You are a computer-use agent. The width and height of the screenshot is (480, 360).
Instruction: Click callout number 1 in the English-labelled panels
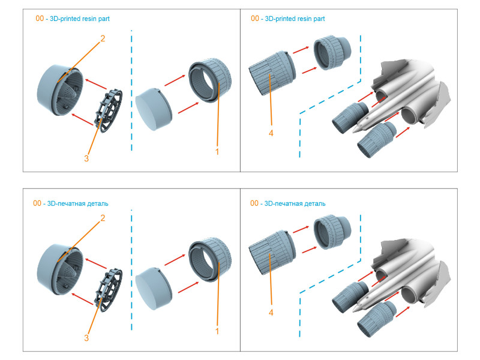click(x=217, y=152)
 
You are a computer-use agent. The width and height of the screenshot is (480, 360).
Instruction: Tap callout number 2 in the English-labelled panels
click(x=103, y=38)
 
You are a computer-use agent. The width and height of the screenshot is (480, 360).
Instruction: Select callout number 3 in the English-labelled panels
click(x=86, y=158)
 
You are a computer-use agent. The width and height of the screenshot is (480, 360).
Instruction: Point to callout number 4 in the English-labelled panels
click(x=271, y=133)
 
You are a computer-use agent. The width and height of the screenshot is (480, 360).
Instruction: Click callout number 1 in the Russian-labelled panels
click(x=217, y=331)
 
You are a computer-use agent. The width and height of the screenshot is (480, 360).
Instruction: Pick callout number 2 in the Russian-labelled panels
click(x=103, y=218)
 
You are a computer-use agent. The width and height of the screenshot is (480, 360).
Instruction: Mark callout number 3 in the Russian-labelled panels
click(x=86, y=338)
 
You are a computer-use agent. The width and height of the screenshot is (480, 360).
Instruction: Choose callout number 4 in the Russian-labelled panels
click(x=271, y=312)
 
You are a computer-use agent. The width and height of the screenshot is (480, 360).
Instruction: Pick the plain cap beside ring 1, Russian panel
click(x=153, y=288)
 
